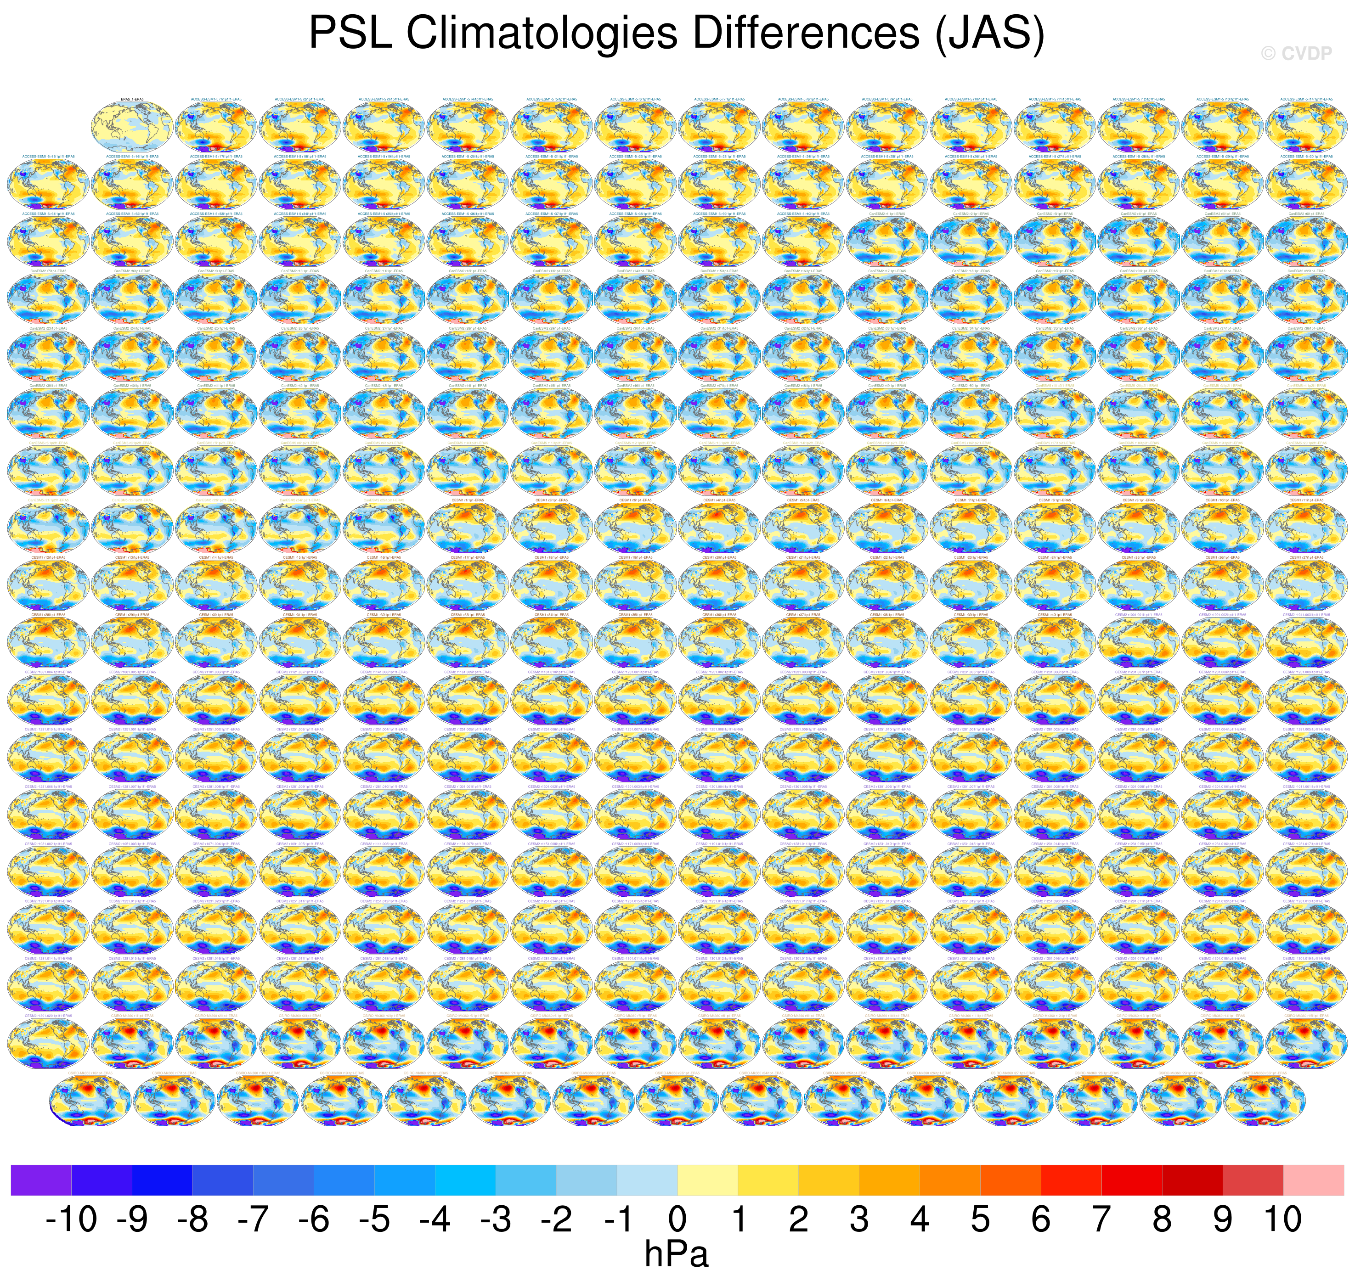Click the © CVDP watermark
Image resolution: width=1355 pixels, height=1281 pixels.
click(x=1296, y=54)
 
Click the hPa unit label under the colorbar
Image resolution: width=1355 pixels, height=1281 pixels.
click(x=676, y=1254)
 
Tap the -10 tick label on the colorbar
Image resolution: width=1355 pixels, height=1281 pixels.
click(x=71, y=1219)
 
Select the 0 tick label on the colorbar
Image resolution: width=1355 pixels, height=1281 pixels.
click(x=677, y=1219)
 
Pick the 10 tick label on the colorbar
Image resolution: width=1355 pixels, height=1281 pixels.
click(x=1282, y=1219)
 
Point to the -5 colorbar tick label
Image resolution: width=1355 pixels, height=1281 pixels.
click(x=374, y=1219)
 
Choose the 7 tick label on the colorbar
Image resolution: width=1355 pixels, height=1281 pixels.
click(x=1101, y=1219)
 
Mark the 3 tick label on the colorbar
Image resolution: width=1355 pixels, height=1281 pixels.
click(x=858, y=1219)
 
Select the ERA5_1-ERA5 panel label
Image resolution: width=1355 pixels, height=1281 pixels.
click(x=132, y=100)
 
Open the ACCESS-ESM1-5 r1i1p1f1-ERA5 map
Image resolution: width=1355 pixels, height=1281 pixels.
click(x=216, y=126)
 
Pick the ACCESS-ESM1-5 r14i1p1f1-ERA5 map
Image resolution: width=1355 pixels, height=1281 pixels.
click(x=1306, y=126)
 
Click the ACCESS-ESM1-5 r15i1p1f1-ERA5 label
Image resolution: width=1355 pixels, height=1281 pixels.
click(x=48, y=157)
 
